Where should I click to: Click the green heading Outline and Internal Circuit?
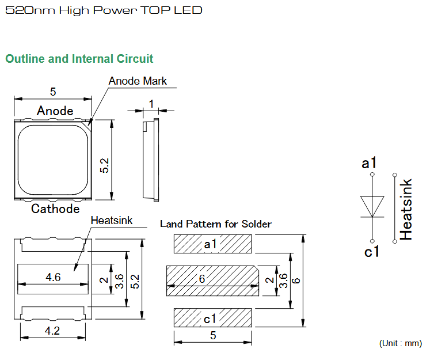pos(79,59)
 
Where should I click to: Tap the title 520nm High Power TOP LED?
pos(104,10)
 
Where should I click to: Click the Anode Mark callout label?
pos(138,81)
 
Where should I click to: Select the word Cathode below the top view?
pos(55,209)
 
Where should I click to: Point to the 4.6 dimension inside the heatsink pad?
pos(53,277)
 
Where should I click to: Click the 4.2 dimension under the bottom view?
pos(52,331)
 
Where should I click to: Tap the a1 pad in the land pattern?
pos(212,244)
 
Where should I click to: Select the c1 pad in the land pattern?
pos(212,318)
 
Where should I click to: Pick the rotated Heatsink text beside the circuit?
pos(406,209)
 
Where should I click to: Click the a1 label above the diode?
pos(369,162)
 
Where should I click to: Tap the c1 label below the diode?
pos(371,252)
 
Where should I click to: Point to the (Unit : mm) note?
pos(401,343)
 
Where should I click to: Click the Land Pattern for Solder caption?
pos(216,223)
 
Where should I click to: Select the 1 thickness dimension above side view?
pos(151,104)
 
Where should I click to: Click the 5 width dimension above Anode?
pos(53,92)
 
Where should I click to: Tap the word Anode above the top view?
pos(55,111)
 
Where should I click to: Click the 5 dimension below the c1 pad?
pos(213,335)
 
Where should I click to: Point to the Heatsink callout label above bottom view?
pos(112,221)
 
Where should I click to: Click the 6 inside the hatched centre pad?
pos(202,279)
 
